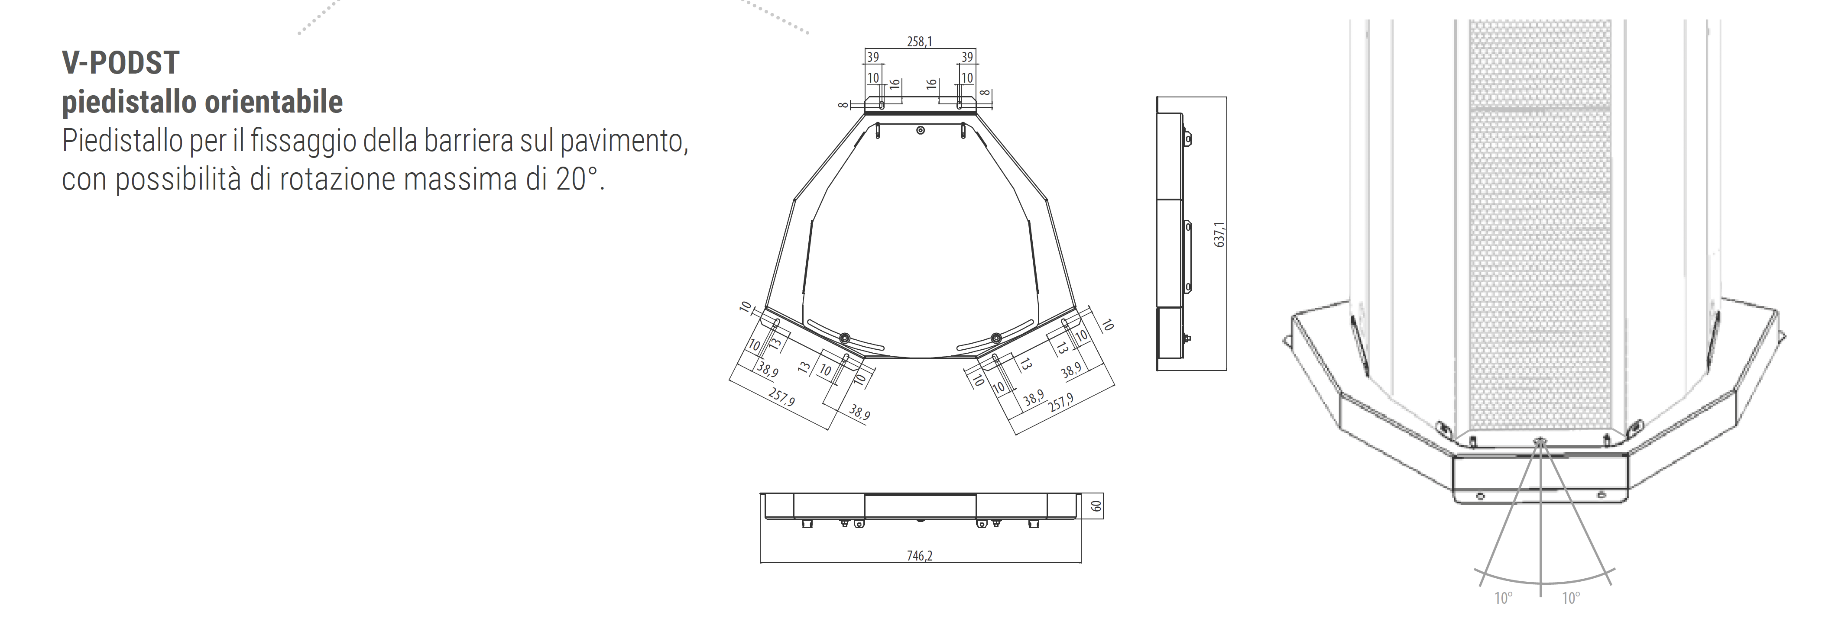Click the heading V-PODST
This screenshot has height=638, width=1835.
tap(120, 63)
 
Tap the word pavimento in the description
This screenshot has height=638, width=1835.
tap(623, 142)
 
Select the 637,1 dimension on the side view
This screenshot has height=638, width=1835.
tap(1219, 234)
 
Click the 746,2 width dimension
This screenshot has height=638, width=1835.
tap(920, 555)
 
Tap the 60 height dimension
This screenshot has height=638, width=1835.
tap(1096, 506)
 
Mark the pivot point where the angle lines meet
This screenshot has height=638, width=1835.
tap(1540, 443)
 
